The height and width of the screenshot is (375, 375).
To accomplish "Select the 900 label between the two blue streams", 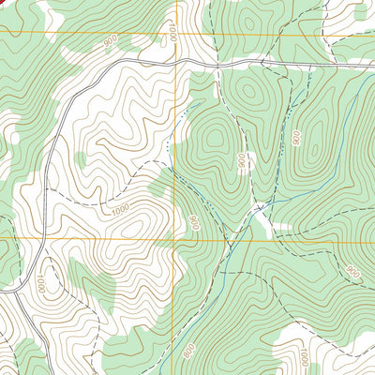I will click(x=297, y=137).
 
